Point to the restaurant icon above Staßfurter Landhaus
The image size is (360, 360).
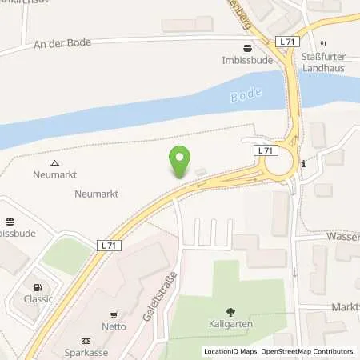[x=324, y=45]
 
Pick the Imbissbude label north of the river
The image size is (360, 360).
[x=244, y=59]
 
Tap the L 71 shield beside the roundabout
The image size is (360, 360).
[x=265, y=150]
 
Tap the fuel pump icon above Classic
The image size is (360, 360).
[x=36, y=287]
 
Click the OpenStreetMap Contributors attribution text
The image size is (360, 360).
[x=306, y=351]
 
